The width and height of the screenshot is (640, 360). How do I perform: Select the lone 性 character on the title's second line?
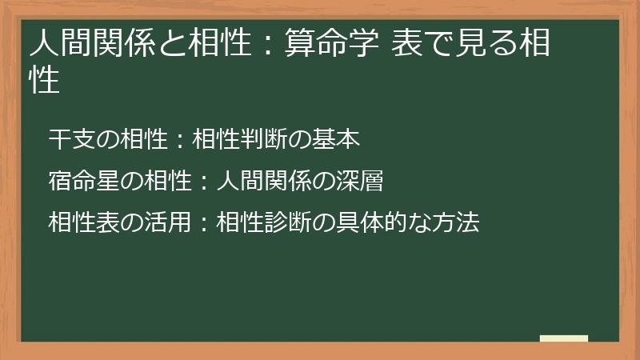pos(45,81)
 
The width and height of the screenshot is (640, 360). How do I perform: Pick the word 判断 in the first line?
pos(257,139)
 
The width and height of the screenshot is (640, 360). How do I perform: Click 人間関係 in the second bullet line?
pos(257,181)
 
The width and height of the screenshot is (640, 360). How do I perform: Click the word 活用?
pos(153,222)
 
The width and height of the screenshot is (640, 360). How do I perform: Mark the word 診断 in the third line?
pos(280,222)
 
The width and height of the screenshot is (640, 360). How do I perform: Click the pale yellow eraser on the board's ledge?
pos(563,339)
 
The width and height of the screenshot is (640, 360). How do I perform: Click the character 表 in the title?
pos(406,45)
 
